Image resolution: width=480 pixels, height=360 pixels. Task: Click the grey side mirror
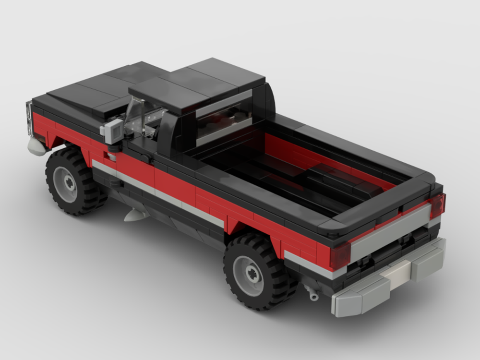[113, 131]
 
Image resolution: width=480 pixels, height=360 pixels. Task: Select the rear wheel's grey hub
[248, 276]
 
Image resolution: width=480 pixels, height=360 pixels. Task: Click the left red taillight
[340, 255]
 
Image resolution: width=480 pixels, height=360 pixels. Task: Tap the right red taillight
[437, 205]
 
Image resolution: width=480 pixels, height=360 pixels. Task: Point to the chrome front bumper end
[36, 147]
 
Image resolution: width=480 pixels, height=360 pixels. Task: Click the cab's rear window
[223, 118]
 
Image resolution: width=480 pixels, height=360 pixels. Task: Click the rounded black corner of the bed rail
[336, 228]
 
